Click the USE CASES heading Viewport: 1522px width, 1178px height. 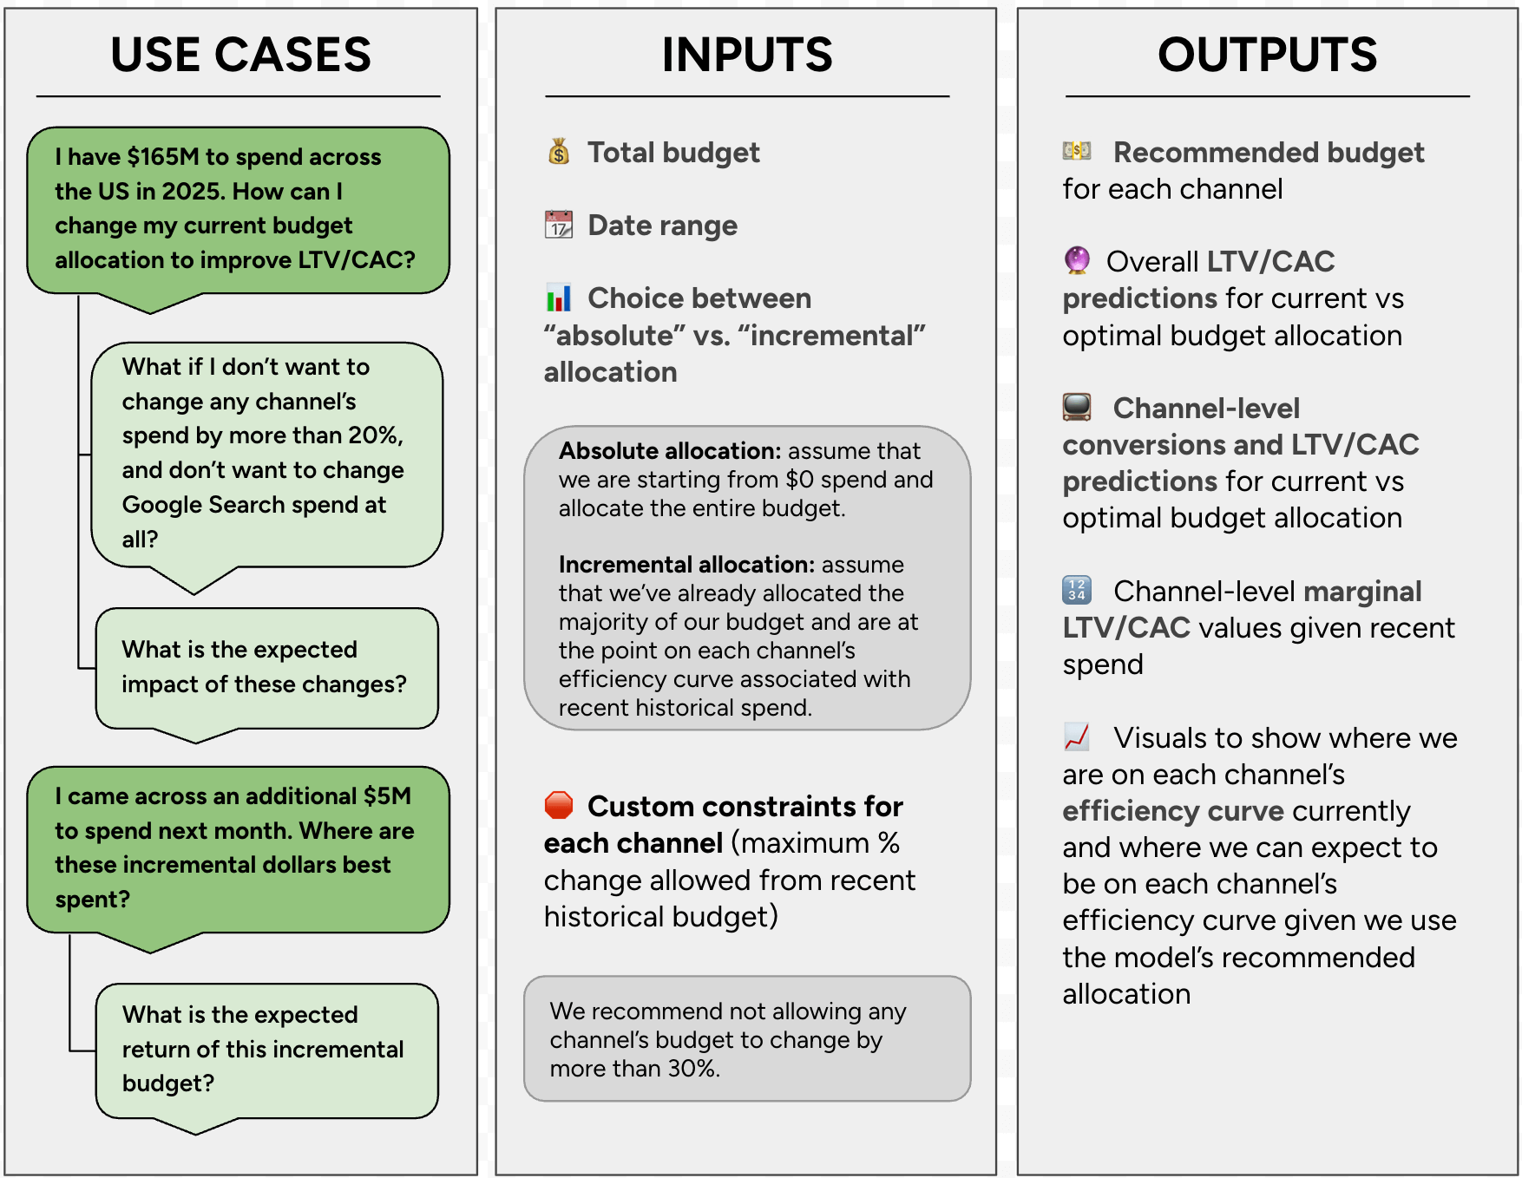click(x=240, y=55)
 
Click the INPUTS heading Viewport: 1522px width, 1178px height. click(x=746, y=55)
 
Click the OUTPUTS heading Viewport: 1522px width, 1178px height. click(x=1267, y=55)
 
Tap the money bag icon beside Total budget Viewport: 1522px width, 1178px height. click(x=559, y=152)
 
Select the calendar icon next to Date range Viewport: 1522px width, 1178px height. click(x=559, y=225)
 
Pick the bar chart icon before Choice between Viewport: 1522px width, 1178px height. click(x=559, y=298)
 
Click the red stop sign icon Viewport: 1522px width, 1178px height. click(x=559, y=806)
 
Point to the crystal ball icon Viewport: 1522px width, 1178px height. click(x=1077, y=260)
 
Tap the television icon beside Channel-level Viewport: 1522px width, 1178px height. click(x=1077, y=407)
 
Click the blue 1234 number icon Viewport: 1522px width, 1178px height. click(x=1077, y=590)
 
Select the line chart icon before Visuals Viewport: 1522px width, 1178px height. click(x=1077, y=737)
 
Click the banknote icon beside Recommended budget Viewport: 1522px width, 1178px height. click(x=1077, y=151)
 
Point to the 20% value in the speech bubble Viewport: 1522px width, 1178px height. click(x=375, y=435)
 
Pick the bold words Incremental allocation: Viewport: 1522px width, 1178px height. click(x=686, y=565)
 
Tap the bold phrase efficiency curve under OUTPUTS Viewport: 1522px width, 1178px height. click(x=1173, y=811)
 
